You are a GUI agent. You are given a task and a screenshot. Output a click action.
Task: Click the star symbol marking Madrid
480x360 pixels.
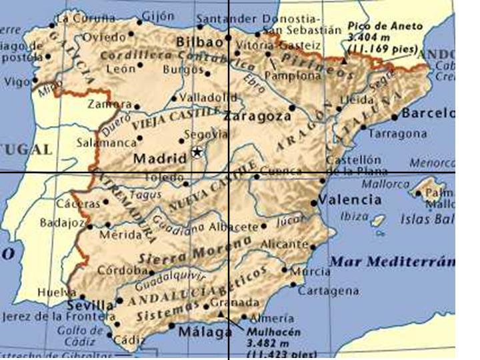(197, 153)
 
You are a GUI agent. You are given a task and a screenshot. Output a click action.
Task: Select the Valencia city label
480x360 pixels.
(349, 199)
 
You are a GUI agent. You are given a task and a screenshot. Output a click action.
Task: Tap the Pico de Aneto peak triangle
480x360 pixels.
(344, 60)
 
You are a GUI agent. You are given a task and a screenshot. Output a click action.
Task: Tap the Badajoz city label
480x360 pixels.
(62, 223)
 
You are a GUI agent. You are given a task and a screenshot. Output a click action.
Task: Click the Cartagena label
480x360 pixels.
(328, 291)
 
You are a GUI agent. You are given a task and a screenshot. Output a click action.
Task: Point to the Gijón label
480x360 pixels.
(157, 15)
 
